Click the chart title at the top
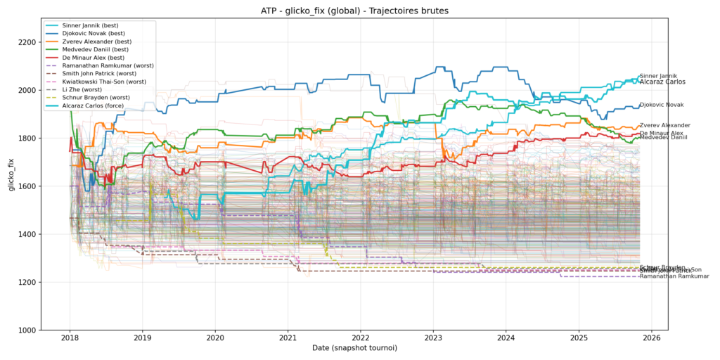(x=359, y=10)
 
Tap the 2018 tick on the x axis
(x=69, y=338)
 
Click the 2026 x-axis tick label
(x=652, y=338)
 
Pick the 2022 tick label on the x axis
(x=361, y=338)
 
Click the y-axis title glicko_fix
(x=11, y=186)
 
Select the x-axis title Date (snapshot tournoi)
(x=354, y=349)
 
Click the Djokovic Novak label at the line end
(x=661, y=105)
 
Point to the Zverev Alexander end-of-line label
(x=664, y=125)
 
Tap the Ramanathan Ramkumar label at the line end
(x=668, y=276)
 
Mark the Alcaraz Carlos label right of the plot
(x=663, y=82)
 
